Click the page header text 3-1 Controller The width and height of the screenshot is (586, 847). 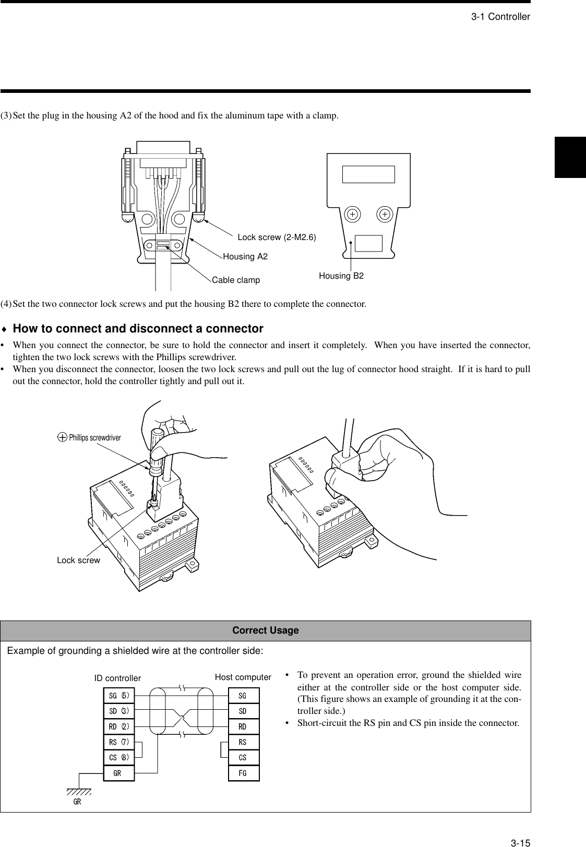click(500, 17)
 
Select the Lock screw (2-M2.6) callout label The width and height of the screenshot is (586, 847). click(277, 237)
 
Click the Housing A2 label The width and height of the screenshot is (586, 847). click(245, 256)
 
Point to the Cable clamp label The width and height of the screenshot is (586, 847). click(235, 280)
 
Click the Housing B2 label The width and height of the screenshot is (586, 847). click(341, 276)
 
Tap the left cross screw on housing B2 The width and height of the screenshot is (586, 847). click(352, 214)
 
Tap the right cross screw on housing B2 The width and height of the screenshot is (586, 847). click(385, 214)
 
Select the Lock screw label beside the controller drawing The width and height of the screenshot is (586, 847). click(78, 560)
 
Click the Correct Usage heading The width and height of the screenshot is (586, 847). click(265, 630)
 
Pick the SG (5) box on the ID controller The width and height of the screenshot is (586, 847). click(119, 695)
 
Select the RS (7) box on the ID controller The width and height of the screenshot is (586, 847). click(119, 742)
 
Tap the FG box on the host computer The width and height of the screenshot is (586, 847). click(243, 773)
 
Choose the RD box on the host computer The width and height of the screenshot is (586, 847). click(243, 726)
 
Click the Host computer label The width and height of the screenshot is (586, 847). click(243, 677)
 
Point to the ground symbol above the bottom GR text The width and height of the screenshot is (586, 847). click(78, 791)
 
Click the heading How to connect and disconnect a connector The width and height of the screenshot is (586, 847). click(138, 329)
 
